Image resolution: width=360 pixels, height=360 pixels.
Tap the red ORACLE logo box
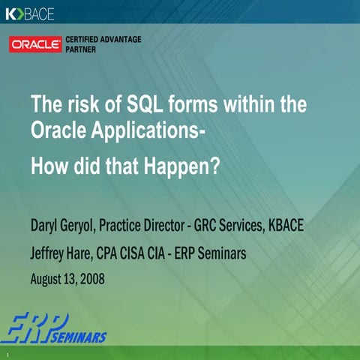tap(34, 44)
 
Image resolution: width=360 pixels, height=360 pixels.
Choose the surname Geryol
tap(93, 226)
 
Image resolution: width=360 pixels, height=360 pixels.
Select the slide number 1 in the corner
tap(6, 353)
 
